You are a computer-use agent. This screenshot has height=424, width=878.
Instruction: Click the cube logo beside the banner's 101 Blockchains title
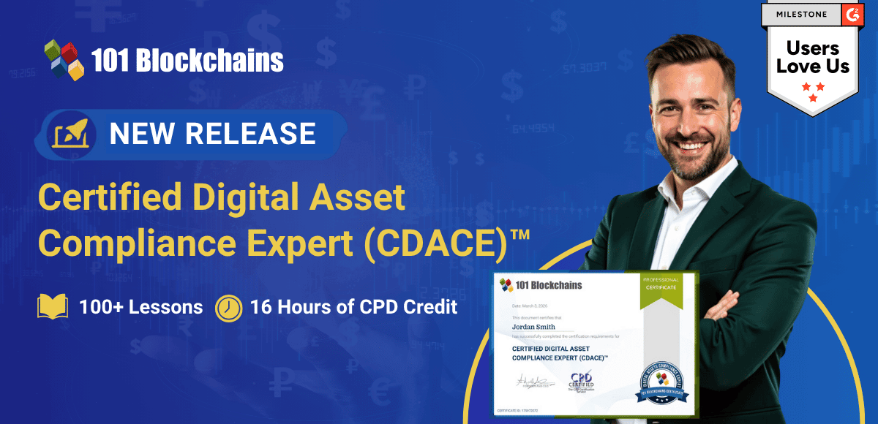tap(64, 59)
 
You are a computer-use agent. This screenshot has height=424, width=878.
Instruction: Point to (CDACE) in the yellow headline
tap(431, 243)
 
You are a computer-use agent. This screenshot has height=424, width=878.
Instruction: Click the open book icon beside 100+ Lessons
tap(52, 307)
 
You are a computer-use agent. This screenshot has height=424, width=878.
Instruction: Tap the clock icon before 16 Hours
tap(228, 308)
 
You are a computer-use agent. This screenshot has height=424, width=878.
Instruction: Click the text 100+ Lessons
tap(140, 307)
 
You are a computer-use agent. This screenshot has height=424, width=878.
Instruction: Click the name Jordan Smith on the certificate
tap(534, 328)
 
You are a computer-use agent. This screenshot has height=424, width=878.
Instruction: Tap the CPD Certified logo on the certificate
tap(582, 381)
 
